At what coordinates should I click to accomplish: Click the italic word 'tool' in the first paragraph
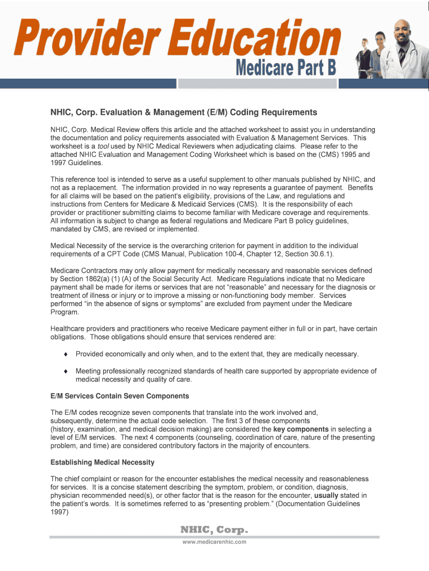pos(104,146)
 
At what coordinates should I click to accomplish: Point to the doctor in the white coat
pos(398,45)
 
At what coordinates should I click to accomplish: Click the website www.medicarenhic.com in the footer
pos(214,541)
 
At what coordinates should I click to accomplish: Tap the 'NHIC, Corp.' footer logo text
pos(214,529)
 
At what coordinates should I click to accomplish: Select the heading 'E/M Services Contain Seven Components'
pos(120,396)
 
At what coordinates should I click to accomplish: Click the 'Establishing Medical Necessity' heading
pos(103,462)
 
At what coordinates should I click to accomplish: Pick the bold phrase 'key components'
pos(301,429)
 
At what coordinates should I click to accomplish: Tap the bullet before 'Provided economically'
pos(66,355)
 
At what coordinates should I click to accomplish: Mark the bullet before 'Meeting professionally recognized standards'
pos(66,371)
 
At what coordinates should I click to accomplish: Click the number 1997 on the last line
pos(60,512)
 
